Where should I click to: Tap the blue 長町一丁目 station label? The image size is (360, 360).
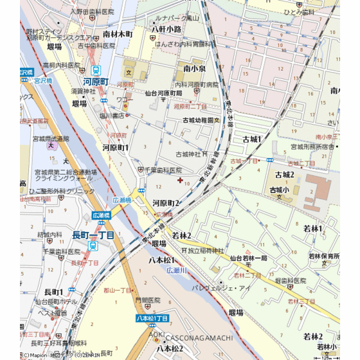point(93,236)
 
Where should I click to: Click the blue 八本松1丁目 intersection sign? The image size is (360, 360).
point(152,318)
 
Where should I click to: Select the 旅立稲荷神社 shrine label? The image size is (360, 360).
point(202,251)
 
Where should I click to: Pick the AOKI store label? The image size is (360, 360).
point(157,335)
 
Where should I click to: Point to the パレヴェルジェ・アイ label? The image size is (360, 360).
point(226,289)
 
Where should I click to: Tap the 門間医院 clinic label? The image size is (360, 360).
point(147,300)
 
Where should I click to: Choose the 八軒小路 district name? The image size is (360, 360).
point(166,29)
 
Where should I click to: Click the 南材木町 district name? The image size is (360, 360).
point(118,33)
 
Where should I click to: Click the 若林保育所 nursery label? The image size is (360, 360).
point(323,256)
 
